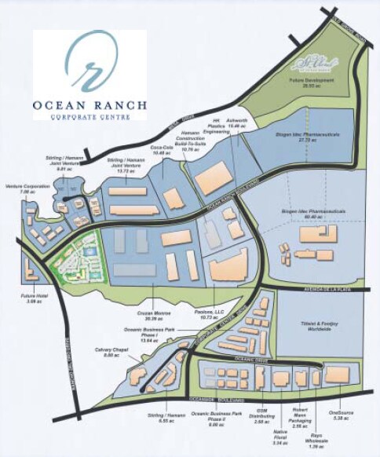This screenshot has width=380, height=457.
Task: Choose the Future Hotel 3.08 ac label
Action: pos(33,298)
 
